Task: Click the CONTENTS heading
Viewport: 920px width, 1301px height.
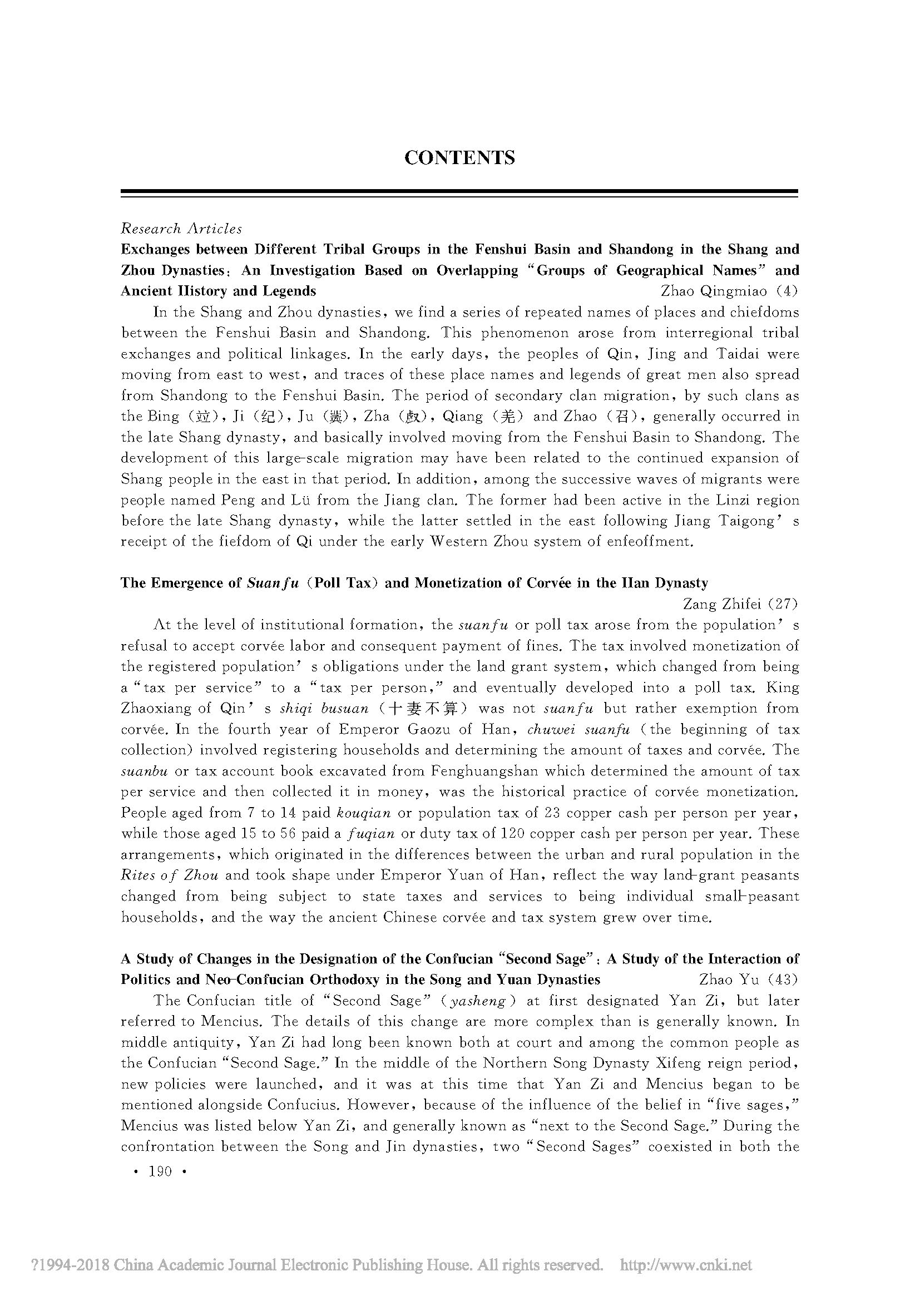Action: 459,157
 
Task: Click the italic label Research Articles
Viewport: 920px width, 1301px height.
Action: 181,229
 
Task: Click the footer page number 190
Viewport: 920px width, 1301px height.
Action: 159,1172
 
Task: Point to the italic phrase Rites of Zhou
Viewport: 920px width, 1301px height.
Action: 170,875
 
